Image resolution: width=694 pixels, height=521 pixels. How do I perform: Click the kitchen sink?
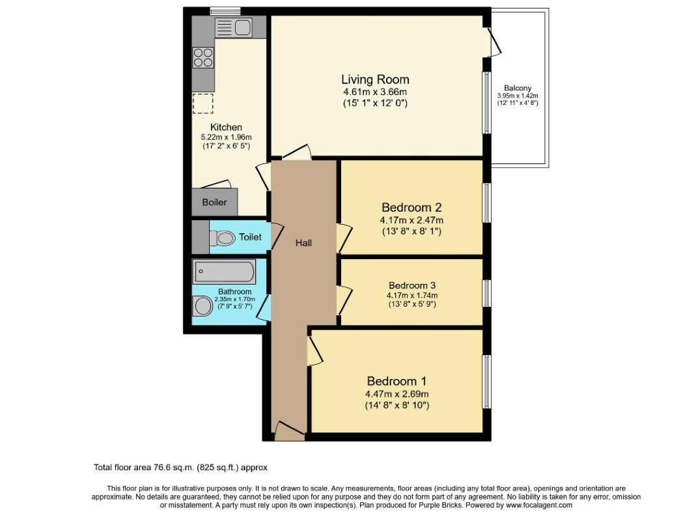click(234, 27)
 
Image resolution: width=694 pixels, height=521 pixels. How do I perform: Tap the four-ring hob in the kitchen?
click(203, 57)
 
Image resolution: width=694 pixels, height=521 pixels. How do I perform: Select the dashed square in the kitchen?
click(202, 104)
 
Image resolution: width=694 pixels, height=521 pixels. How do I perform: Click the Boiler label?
click(214, 203)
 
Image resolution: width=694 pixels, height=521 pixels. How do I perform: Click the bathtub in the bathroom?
click(224, 272)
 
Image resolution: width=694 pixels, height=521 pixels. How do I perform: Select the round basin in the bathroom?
click(203, 306)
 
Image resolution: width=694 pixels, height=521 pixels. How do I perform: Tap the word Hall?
click(303, 243)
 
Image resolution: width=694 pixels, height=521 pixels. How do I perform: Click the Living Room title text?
click(375, 79)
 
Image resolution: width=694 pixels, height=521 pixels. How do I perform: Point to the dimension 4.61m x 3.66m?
click(375, 92)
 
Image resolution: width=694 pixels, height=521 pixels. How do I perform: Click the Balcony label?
click(518, 88)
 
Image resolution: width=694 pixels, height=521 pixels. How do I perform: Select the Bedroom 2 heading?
click(411, 207)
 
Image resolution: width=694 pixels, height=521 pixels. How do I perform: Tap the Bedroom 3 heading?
click(412, 285)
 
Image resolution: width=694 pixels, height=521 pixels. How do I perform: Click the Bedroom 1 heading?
click(397, 381)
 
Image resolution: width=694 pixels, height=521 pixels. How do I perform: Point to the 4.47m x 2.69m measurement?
click(397, 394)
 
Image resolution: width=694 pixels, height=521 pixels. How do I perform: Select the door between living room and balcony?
click(494, 42)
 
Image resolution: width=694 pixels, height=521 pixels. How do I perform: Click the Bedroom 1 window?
click(486, 381)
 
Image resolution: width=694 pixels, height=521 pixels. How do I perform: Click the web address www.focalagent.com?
click(539, 505)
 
